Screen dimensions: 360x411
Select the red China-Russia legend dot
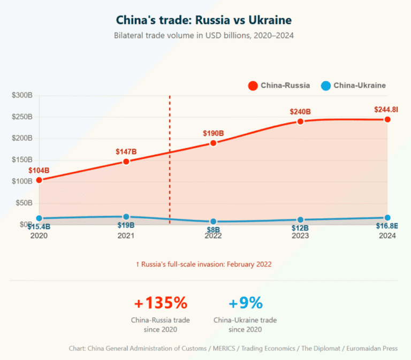[253, 86]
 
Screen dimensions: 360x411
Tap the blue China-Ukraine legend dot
[325, 86]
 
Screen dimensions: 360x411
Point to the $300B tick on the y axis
[22, 95]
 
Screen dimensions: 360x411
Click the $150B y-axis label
[22, 159]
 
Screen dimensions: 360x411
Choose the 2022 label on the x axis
[213, 236]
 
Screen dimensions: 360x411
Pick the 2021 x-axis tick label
[126, 236]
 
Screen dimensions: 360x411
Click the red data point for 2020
[39, 180]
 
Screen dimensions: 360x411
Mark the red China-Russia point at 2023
[300, 121]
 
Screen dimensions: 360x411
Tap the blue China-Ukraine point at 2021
[126, 217]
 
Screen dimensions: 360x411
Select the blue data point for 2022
[213, 221]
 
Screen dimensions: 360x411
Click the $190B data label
[213, 133]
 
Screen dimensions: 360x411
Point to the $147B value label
[126, 151]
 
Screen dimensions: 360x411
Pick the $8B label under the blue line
[213, 228]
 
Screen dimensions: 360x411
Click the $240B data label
[300, 112]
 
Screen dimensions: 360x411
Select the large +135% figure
[161, 303]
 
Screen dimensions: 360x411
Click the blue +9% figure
[246, 303]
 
